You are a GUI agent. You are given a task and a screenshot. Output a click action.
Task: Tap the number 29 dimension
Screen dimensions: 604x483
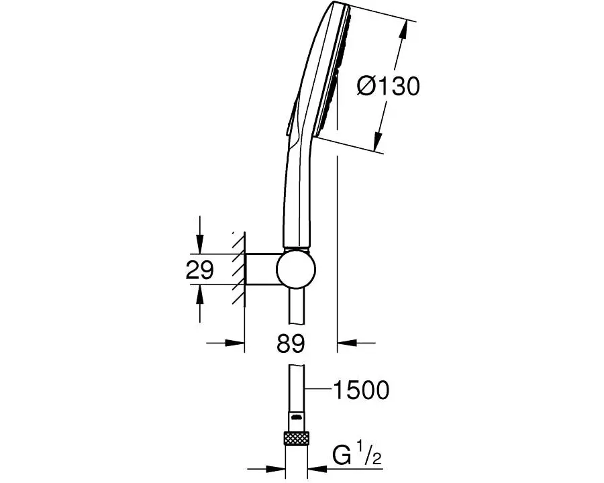coord(199,270)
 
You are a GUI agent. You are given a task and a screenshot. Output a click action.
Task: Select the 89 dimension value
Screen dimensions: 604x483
coord(291,343)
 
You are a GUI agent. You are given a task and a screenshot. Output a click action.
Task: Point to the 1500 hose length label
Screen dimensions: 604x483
coord(361,390)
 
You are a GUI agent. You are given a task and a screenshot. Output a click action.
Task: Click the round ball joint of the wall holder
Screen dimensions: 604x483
coord(296,269)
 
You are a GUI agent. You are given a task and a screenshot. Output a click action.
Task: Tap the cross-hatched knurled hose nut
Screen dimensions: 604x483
coord(297,438)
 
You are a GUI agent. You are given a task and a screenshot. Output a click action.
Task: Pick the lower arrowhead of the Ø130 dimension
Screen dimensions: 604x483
coord(378,141)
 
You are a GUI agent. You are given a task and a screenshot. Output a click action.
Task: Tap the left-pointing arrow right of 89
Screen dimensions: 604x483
coord(356,342)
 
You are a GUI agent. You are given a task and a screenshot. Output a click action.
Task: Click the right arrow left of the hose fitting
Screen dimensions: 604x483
coord(266,469)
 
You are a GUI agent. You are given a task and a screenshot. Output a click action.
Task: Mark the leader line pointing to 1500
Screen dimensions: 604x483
coord(319,390)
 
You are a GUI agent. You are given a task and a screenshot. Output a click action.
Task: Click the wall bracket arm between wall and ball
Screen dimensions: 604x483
coord(261,269)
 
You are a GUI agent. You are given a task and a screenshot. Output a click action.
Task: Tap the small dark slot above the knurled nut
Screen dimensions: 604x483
coord(297,417)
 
